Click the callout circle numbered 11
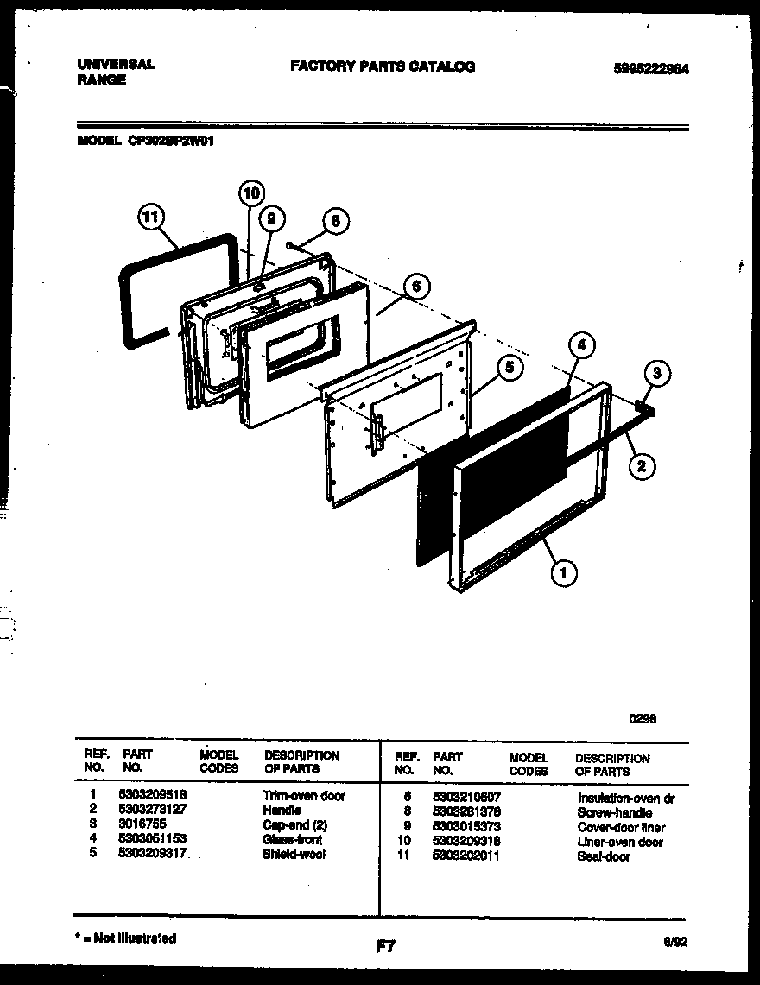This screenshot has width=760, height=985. pos(150,220)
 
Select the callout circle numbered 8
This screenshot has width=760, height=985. pos(335,220)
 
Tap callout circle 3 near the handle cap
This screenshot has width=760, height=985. pos(657,374)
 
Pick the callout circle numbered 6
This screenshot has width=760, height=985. pos(415,286)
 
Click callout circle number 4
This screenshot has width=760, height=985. pos(582,344)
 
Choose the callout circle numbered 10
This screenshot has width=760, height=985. pos(250,193)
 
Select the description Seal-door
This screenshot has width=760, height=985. pos(604,856)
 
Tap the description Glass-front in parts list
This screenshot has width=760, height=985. pos(292,839)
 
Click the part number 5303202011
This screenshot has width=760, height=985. pos(466,856)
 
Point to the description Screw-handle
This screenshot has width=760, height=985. pos(614,812)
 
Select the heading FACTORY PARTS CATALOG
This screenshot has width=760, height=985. pos(382,66)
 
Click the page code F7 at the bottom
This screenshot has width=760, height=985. pos(385,947)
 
